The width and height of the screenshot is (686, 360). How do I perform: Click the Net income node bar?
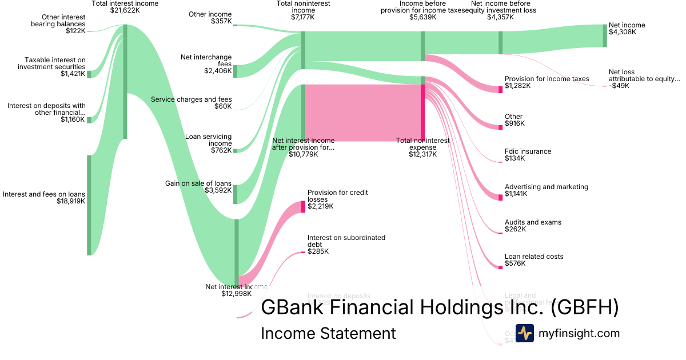(605, 35)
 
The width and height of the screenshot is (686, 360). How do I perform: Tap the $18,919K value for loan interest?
(71, 201)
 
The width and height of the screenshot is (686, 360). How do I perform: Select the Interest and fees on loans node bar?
(89, 205)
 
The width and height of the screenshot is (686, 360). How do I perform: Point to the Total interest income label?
(125, 3)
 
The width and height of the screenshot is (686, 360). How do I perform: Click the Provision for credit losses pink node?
(304, 207)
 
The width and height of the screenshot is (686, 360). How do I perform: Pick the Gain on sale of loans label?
(198, 183)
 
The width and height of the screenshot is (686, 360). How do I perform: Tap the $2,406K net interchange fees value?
(218, 71)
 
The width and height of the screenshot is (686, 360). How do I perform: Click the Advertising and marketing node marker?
(500, 197)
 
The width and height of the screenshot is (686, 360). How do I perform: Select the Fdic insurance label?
(528, 151)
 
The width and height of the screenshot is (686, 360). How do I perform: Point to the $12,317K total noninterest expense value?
(422, 154)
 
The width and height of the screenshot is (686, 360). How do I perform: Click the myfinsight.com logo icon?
(524, 333)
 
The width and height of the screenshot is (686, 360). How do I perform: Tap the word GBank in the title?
(292, 307)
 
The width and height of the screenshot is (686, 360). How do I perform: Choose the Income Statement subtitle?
(328, 333)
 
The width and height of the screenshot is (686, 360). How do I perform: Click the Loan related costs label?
(534, 257)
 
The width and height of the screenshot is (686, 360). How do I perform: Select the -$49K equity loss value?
(619, 86)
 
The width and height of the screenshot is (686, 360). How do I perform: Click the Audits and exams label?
(533, 222)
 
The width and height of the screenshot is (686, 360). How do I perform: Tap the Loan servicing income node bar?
(235, 150)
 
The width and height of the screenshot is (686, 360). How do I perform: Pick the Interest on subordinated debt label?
(346, 241)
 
